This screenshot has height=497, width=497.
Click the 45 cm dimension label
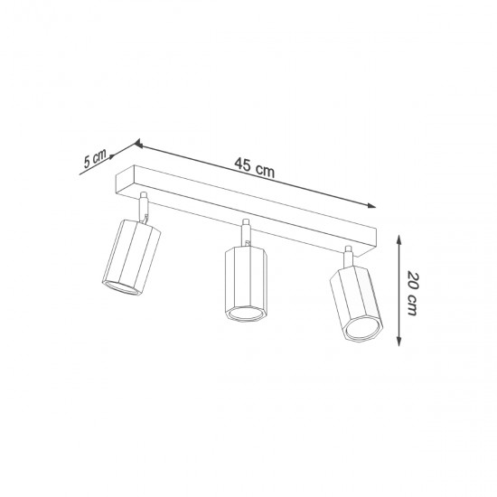(x=254, y=165)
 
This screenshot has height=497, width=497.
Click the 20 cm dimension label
(x=414, y=288)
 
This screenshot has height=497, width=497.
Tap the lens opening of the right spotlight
(x=359, y=330)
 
